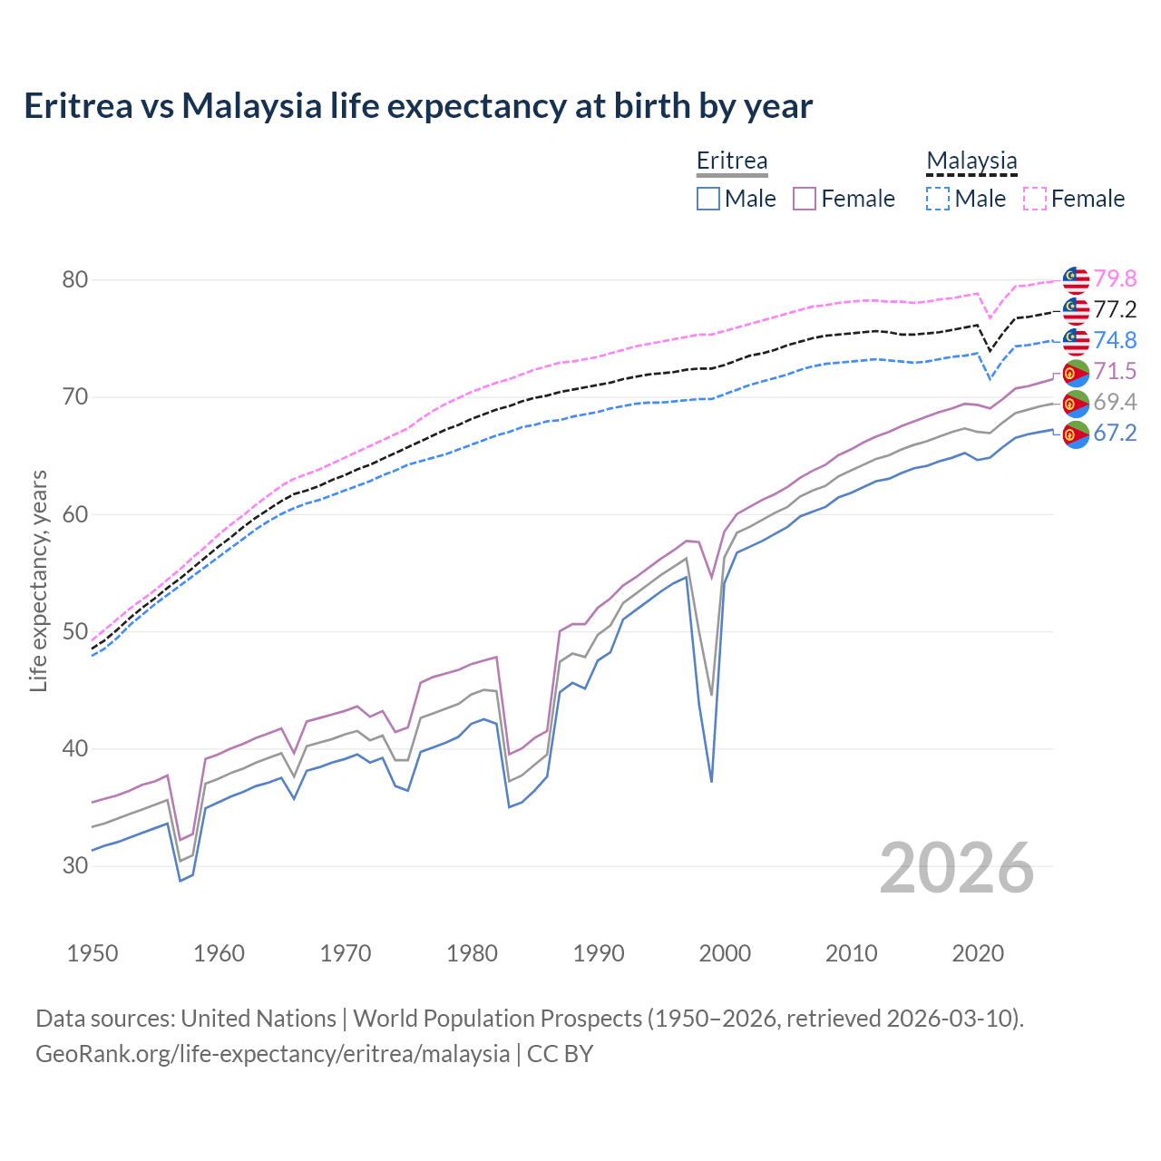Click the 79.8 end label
point(1115,278)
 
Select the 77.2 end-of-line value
point(1115,309)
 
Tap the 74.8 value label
point(1115,340)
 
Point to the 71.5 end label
point(1115,371)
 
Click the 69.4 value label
point(1115,402)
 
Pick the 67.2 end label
point(1115,433)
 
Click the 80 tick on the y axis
point(75,279)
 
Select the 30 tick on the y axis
point(75,865)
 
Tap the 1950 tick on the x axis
point(93,953)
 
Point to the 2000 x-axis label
point(725,953)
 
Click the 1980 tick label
point(472,953)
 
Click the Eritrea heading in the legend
point(731,161)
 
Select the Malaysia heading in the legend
point(971,161)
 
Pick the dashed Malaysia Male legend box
point(938,199)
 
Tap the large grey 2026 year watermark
point(956,868)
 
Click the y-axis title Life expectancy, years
point(39,580)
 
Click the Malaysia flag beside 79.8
point(1076,278)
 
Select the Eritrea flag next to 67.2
point(1076,434)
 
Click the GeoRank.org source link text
point(272,1054)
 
